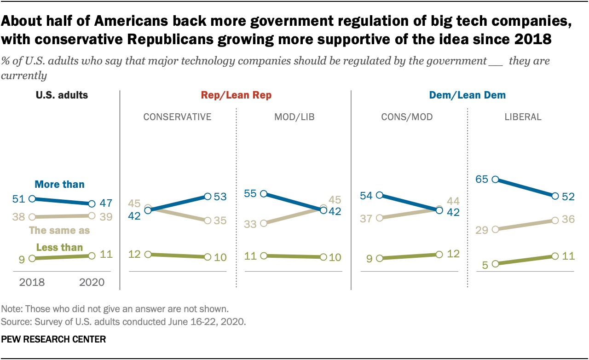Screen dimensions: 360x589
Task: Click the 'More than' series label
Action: (60, 185)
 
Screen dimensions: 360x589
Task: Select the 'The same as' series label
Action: (59, 230)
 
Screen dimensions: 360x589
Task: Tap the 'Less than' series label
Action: (59, 247)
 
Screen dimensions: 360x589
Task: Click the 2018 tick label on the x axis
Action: (32, 282)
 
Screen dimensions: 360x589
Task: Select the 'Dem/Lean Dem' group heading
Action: (467, 95)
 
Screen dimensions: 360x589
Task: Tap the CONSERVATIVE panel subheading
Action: (177, 117)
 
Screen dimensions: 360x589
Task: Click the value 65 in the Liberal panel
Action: (482, 179)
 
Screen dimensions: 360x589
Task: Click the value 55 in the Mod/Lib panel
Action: (250, 194)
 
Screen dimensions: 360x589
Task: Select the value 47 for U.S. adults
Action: (106, 203)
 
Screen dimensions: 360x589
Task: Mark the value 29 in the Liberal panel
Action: (482, 229)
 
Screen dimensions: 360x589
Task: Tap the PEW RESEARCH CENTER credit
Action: (54, 340)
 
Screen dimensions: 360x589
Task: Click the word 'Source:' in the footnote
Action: (15, 321)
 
